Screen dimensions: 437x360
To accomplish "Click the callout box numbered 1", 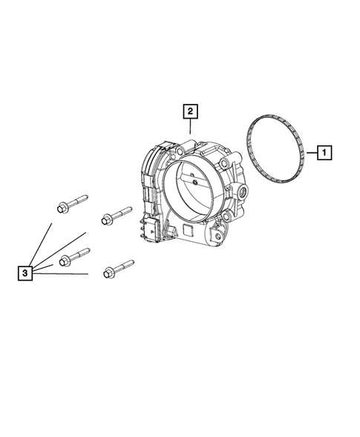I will [x=324, y=153].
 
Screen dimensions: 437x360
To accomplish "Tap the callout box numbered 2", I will [x=191, y=111].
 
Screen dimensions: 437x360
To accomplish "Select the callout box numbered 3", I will [x=25, y=274].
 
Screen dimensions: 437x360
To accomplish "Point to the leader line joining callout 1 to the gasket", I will [x=311, y=153].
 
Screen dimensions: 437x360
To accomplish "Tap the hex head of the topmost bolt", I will [x=61, y=207].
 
